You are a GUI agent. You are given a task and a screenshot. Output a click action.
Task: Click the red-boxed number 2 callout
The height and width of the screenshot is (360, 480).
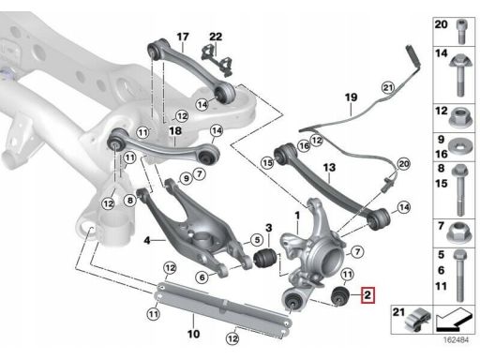(367, 295)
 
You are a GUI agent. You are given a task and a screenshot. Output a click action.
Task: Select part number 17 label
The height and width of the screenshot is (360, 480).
(183, 37)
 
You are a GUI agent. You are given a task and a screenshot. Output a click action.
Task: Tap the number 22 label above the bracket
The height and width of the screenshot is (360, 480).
(216, 37)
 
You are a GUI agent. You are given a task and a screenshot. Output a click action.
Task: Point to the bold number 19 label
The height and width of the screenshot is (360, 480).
(351, 97)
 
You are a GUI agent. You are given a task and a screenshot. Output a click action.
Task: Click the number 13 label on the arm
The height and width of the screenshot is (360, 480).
(329, 168)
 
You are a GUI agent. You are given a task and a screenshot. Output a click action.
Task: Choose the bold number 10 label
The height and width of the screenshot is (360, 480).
(193, 334)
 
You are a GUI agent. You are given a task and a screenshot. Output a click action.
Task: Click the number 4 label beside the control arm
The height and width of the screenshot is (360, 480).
(147, 240)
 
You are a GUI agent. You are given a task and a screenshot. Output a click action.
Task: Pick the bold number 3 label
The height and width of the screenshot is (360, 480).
(269, 228)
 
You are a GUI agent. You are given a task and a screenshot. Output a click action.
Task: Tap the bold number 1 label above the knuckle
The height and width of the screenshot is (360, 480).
(297, 216)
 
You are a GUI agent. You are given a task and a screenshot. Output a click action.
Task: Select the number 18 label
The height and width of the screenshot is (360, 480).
(175, 130)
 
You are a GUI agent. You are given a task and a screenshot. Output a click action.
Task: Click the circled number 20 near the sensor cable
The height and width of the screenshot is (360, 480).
(404, 164)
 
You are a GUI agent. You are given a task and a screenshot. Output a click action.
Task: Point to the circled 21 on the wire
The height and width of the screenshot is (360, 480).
(388, 88)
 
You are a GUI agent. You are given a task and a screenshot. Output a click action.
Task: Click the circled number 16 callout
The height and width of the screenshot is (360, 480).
(304, 145)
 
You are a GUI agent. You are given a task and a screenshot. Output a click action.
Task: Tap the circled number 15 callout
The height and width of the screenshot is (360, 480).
(267, 162)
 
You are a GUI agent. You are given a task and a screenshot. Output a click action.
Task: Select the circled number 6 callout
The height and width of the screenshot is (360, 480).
(202, 277)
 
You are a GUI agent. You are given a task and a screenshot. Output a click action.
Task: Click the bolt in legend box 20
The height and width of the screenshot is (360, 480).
(461, 32)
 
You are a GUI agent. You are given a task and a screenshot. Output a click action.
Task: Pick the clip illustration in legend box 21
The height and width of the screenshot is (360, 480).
(417, 319)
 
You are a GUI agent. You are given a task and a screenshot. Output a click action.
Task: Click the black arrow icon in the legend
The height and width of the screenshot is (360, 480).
(454, 320)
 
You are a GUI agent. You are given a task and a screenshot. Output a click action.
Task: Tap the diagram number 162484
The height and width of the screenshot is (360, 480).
(457, 339)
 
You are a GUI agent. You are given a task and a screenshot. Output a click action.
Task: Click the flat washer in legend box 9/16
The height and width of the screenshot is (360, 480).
(461, 146)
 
